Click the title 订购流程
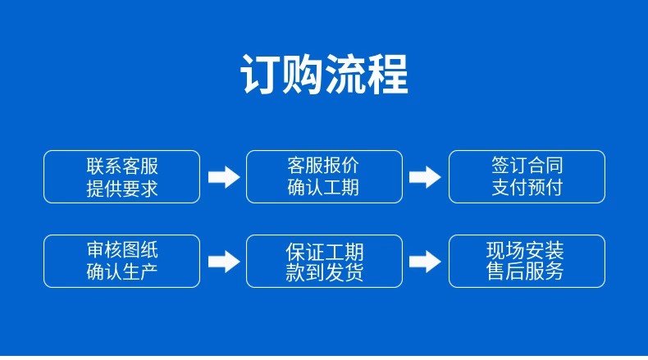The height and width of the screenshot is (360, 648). coord(325,75)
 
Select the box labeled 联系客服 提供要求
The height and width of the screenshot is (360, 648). coord(122,177)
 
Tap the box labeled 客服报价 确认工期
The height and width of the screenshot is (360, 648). coord(325,177)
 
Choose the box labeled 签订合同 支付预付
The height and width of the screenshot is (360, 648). coord(527,177)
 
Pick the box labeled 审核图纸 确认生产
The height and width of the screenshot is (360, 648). coord(122,262)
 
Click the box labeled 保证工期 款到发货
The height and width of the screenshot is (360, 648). coord(325,262)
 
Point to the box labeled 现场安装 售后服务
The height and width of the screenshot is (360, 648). coord(527,262)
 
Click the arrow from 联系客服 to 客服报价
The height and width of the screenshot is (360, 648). coord(224,177)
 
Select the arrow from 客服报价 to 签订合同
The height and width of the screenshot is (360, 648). coord(425,177)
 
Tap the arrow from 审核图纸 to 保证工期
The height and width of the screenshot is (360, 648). coord(224,262)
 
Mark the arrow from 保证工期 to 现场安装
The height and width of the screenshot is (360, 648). coord(425,262)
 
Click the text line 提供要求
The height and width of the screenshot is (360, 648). coord(122,189)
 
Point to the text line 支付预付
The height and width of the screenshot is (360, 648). coord(527,187)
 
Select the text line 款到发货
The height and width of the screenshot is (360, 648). coord(325,272)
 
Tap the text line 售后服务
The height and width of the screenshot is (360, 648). coord(525,271)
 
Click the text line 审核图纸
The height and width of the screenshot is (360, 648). coord(122,250)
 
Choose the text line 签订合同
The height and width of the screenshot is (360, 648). coord(527,166)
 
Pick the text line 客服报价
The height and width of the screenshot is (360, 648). coord(323,166)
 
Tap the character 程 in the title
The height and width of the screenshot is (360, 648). coord(389,75)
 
